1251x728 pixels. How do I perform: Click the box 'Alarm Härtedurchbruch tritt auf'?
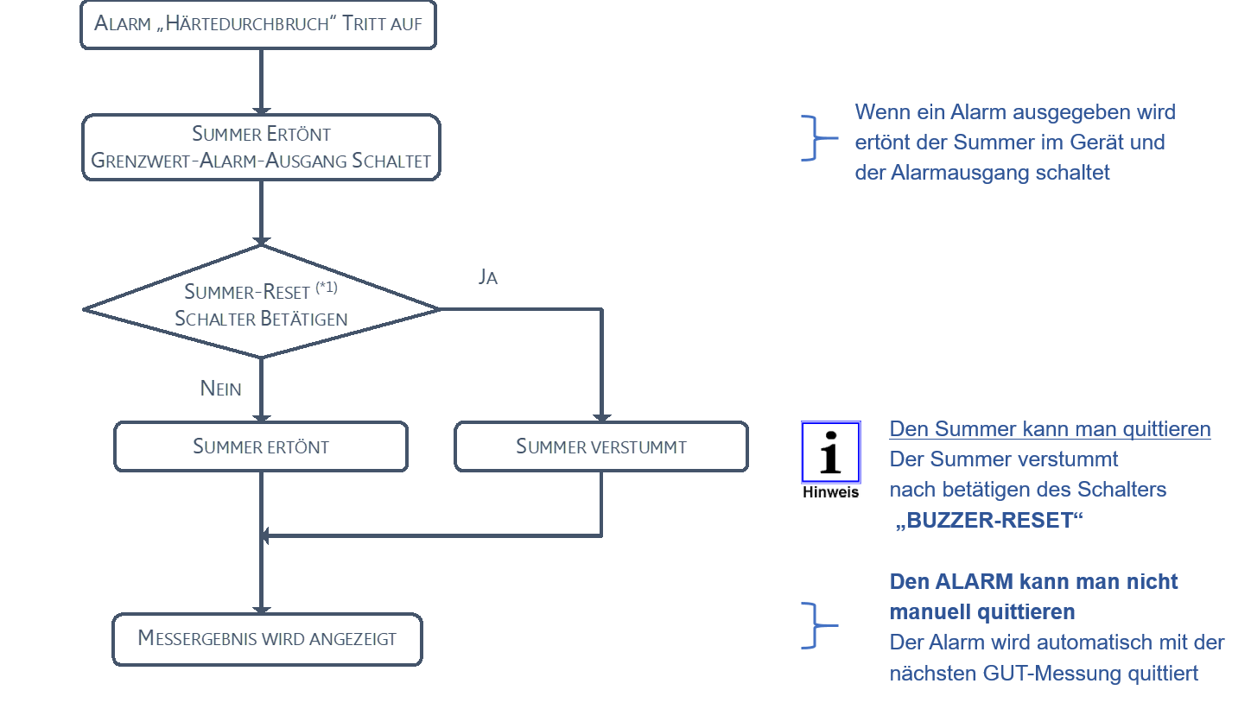(x=258, y=24)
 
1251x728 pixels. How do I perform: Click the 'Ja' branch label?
(x=488, y=277)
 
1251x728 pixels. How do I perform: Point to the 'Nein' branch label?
(x=220, y=389)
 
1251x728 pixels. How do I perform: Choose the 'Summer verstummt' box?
(x=600, y=446)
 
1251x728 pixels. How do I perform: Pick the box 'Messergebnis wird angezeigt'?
(x=267, y=639)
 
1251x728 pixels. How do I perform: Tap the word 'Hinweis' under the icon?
(x=830, y=491)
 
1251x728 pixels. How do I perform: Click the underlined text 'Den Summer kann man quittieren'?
(x=1050, y=429)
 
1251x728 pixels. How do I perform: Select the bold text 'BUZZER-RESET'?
(x=989, y=521)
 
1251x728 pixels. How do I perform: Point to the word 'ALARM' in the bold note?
(x=971, y=582)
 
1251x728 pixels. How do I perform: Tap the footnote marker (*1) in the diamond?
(x=326, y=288)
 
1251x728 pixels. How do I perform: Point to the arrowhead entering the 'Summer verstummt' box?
(x=601, y=417)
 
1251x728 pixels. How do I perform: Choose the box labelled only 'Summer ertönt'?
(x=261, y=446)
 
